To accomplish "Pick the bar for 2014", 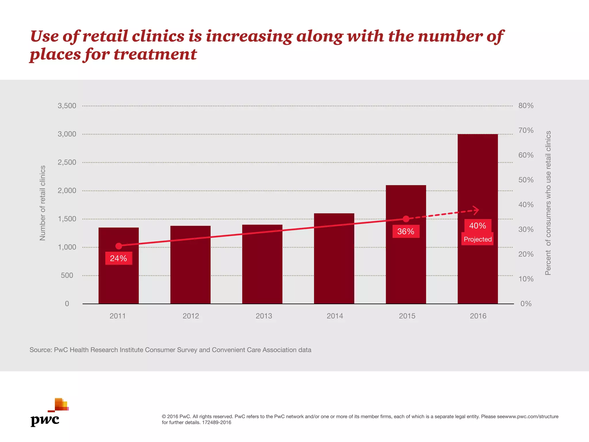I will point(334,265).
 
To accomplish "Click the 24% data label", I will point(118,258).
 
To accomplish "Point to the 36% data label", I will point(406,231).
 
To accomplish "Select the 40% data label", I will point(477,226).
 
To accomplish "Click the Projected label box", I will point(477,239).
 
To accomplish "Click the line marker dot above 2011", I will point(118,246).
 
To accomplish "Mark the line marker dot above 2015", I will point(406,219).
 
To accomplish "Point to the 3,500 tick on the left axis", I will point(67,106).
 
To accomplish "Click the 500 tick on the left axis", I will point(67,275).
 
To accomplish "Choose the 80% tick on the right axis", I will point(526,106).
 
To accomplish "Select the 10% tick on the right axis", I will point(526,279).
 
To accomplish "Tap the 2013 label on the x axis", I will point(264,316).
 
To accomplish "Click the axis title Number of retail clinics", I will point(43,203).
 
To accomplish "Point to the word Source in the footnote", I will point(40,350).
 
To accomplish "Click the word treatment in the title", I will point(155,54).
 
